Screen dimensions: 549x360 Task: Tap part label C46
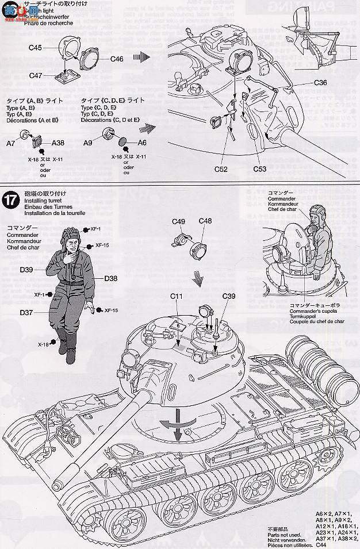(117, 59)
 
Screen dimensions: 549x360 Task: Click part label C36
(321, 83)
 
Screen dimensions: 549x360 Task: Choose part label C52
(221, 169)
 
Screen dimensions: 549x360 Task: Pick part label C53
(261, 169)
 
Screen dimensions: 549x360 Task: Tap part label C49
(178, 221)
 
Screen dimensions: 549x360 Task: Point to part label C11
(176, 296)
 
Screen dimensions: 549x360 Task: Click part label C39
(229, 296)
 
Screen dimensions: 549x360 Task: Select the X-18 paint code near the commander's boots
(44, 344)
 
